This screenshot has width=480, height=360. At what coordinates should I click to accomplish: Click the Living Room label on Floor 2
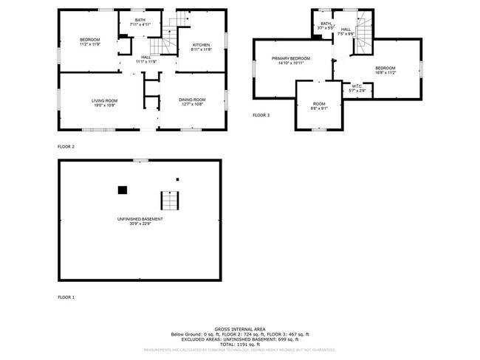(104, 103)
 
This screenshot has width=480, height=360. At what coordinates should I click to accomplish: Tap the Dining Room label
(193, 103)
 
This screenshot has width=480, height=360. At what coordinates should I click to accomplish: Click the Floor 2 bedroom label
(90, 41)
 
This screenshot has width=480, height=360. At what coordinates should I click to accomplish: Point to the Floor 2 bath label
(140, 22)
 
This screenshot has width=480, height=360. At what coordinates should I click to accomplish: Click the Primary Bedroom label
(290, 60)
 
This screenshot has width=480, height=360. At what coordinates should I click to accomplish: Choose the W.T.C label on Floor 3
(357, 89)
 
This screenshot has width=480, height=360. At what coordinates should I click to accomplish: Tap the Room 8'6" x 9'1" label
(319, 105)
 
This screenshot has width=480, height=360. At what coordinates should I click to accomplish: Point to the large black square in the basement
(123, 190)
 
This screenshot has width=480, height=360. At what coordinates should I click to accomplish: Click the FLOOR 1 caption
(66, 297)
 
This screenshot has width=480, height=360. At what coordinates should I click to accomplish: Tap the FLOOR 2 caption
(66, 147)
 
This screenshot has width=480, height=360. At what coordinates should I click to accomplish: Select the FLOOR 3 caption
(261, 116)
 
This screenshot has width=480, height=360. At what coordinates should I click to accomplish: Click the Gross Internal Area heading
(240, 329)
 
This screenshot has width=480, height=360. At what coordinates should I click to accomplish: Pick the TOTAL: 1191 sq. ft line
(240, 344)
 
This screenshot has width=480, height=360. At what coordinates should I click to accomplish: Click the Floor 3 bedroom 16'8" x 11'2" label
(385, 70)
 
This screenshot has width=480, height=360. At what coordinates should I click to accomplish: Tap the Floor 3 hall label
(346, 31)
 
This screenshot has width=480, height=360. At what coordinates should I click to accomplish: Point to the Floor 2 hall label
(145, 59)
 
